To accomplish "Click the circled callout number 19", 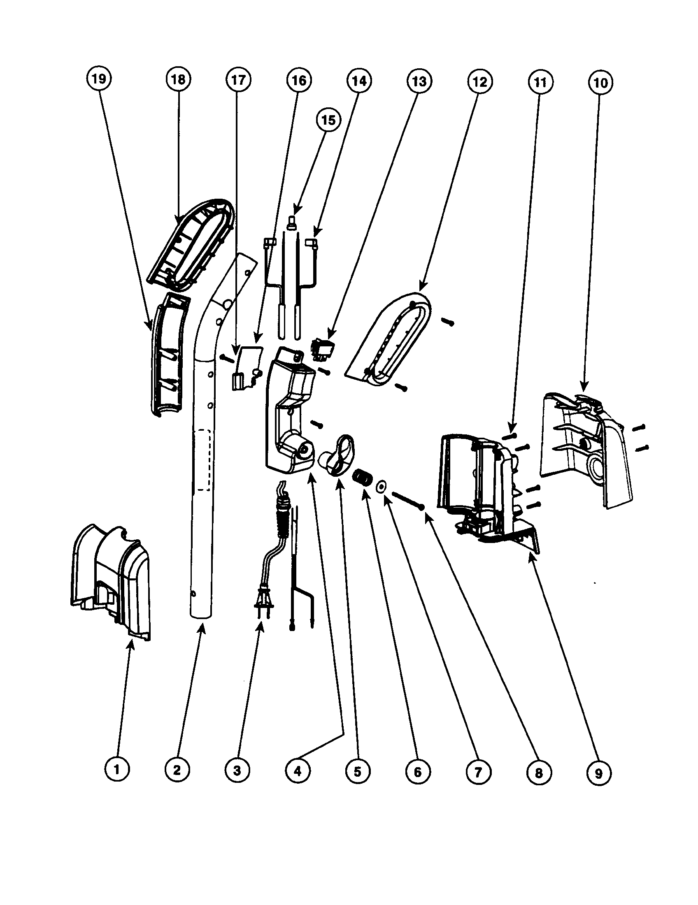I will [98, 78].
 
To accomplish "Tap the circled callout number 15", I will [328, 120].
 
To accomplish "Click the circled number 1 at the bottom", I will [116, 770].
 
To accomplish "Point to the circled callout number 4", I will [298, 771].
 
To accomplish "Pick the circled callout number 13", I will [419, 81].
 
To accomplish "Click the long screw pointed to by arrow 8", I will [407, 500].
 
